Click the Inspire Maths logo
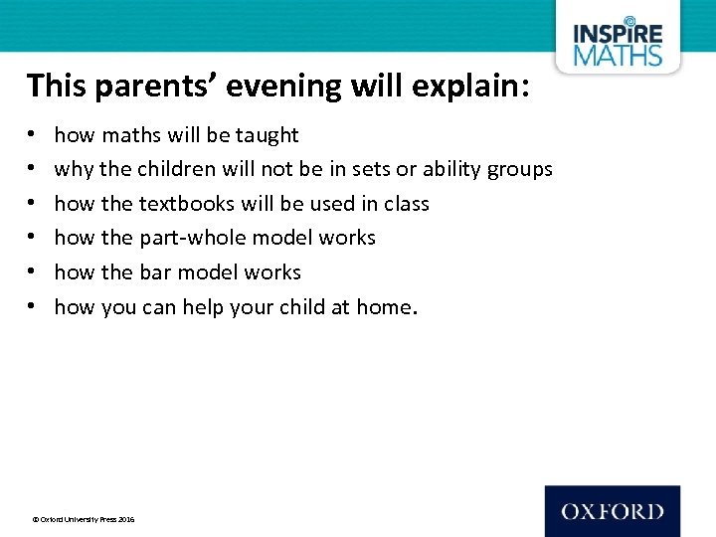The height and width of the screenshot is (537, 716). click(x=618, y=43)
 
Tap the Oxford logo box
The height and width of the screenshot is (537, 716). click(x=613, y=511)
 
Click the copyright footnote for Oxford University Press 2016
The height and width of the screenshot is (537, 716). click(x=85, y=519)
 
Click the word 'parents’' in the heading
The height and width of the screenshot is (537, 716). click(x=155, y=87)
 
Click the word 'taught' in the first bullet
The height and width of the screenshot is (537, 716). click(x=267, y=135)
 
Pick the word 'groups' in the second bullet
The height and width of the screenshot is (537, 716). click(x=519, y=169)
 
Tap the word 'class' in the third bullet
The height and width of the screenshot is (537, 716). click(x=407, y=204)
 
